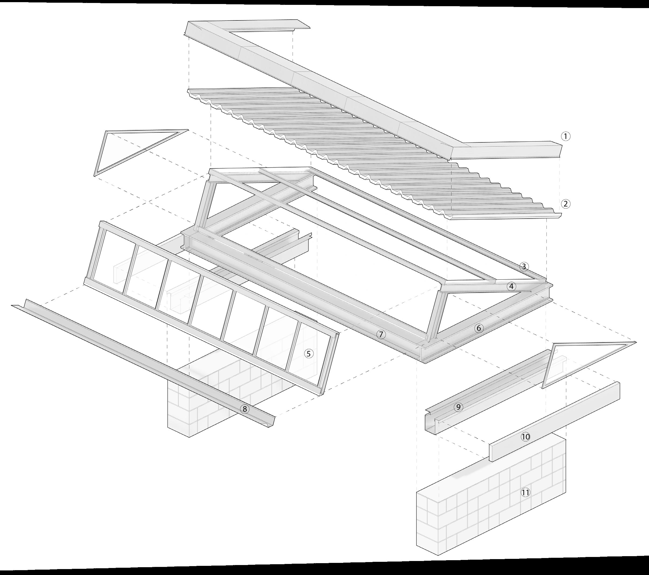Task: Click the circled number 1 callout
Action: (x=566, y=136)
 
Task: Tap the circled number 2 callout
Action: (x=566, y=204)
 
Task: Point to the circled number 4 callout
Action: (x=511, y=286)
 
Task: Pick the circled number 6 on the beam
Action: (x=479, y=328)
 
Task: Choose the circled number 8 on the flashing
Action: (x=244, y=409)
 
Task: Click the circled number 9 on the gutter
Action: (x=458, y=407)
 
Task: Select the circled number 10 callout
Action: (x=525, y=437)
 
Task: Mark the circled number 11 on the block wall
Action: (x=525, y=492)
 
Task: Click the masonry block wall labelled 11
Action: (x=476, y=508)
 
